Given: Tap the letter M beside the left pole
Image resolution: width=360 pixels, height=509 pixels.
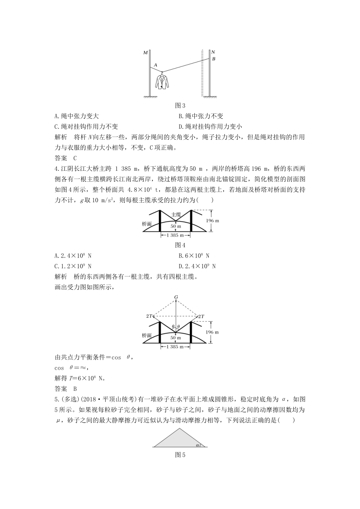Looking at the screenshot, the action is (145, 53).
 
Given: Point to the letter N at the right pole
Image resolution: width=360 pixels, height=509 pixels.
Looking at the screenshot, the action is (213, 52).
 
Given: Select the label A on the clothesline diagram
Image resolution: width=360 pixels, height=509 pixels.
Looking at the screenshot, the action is (156, 65).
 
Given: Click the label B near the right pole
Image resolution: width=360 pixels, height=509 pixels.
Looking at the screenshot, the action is (213, 59).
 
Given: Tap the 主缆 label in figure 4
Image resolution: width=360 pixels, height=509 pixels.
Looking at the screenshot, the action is (176, 214).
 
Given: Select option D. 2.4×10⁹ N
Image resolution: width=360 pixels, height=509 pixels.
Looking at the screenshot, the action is (197, 266).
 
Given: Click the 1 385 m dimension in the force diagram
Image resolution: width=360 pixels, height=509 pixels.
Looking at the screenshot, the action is (175, 347).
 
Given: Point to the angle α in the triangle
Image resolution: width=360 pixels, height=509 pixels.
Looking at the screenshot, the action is (197, 445).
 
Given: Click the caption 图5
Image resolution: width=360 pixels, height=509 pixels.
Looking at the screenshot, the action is (180, 455).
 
